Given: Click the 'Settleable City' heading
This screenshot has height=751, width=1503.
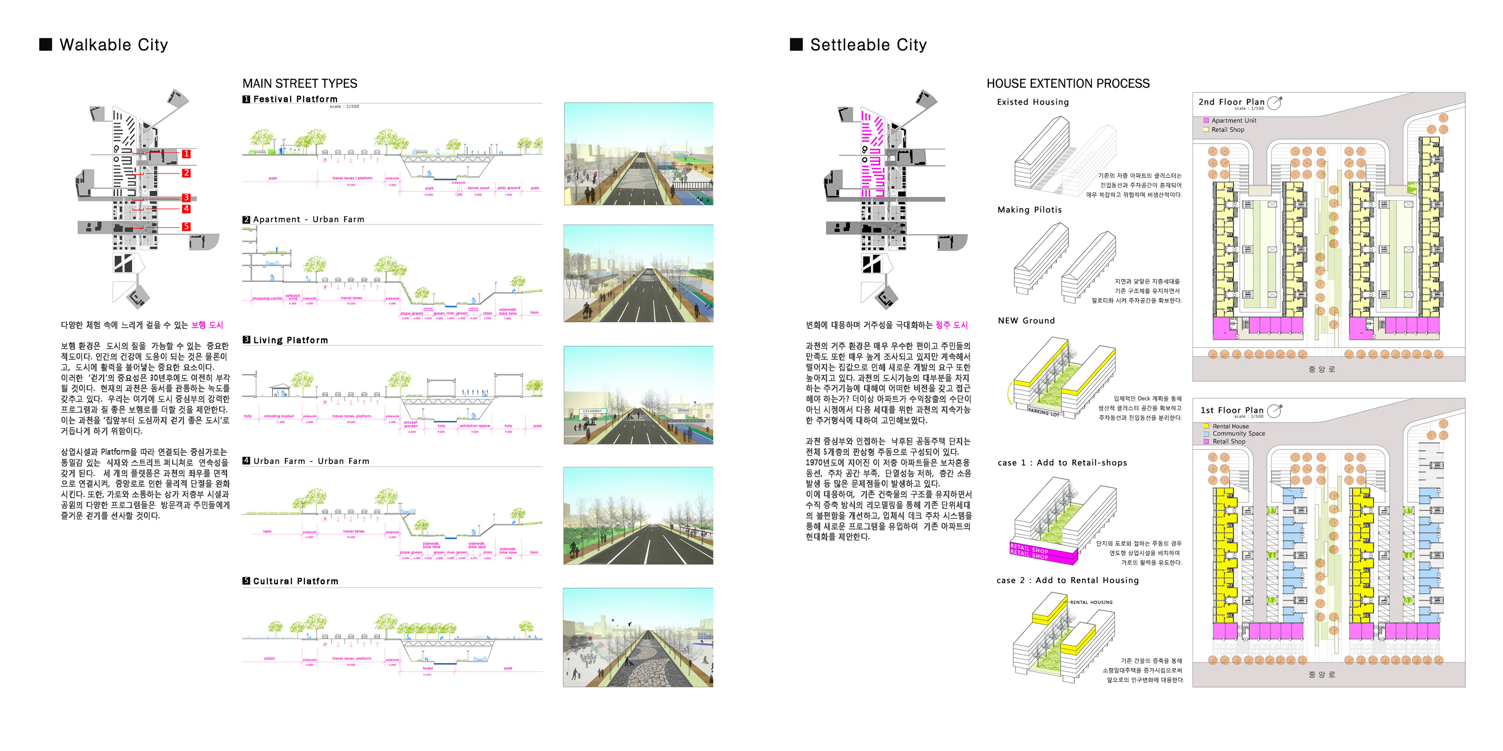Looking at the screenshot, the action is click(868, 45).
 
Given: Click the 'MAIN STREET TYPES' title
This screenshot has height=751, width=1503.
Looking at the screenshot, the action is click(300, 83).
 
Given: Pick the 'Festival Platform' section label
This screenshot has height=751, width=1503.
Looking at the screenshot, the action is click(295, 99).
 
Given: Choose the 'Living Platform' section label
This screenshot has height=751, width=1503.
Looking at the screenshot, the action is click(290, 340).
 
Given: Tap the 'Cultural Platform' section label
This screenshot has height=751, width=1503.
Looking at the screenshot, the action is click(295, 581).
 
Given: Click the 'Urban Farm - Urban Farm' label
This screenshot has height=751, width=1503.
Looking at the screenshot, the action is click(311, 461).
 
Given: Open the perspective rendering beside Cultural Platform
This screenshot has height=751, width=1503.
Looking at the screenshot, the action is click(638, 637).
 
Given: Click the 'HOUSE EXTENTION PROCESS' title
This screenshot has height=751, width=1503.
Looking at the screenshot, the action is click(1068, 83).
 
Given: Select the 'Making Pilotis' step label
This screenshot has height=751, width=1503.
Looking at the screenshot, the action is click(1029, 210).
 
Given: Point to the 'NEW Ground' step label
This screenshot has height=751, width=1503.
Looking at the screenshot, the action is click(1026, 321).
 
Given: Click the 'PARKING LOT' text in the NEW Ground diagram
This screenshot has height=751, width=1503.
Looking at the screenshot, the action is click(1043, 412).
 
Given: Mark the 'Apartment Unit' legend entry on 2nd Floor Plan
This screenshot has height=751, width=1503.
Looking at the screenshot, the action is click(1233, 121).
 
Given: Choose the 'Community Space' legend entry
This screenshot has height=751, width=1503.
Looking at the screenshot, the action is click(1238, 434).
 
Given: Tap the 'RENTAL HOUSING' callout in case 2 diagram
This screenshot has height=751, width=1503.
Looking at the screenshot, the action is click(1091, 602).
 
